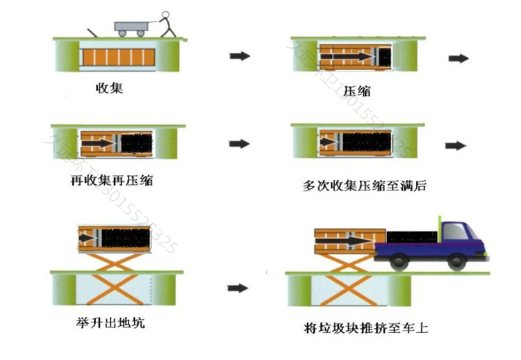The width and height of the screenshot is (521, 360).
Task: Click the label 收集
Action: tap(110, 88)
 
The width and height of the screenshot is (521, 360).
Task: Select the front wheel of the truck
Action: tap(456, 262)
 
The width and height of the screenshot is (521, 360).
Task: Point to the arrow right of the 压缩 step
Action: tap(457, 58)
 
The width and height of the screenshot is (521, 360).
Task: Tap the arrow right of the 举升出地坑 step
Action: tap(238, 287)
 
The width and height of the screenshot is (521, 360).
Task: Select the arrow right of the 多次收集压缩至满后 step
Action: tap(456, 145)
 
